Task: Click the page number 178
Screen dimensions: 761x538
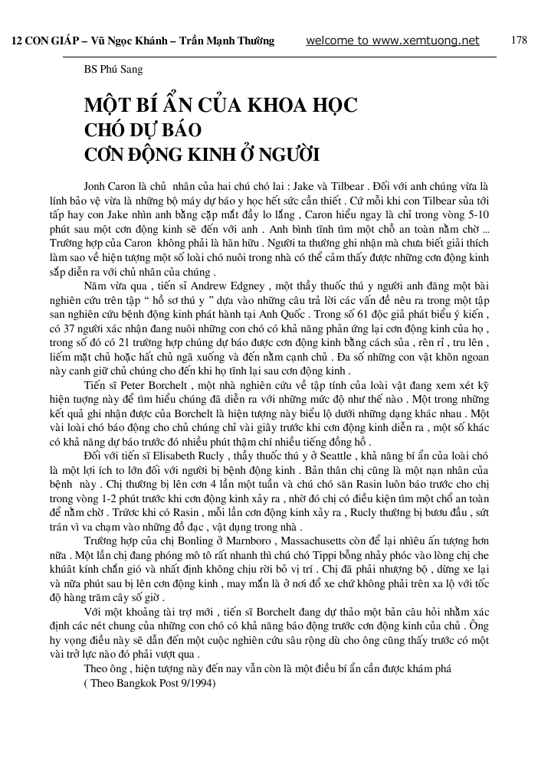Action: (518, 41)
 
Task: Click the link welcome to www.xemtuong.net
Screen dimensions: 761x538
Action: (392, 41)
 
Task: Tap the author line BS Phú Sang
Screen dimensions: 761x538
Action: (113, 70)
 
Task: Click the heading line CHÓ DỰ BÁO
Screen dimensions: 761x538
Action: (142, 129)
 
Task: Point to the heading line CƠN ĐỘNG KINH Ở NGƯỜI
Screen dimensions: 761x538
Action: (202, 153)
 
